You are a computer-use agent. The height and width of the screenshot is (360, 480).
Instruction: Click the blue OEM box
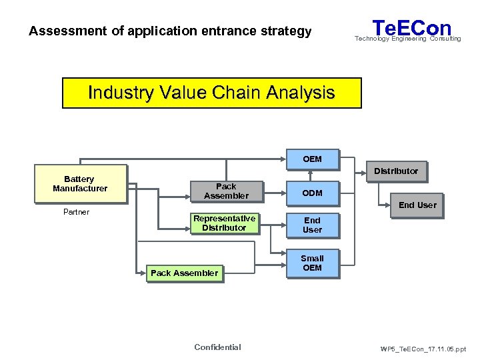point(312,159)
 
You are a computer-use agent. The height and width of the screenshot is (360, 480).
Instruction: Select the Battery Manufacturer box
point(80,184)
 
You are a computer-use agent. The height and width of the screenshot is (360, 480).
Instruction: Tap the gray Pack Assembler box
point(226,191)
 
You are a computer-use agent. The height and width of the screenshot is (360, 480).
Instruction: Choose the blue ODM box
point(312,193)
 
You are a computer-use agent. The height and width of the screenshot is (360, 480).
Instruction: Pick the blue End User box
point(312,225)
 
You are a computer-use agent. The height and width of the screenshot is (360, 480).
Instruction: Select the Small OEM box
point(312,263)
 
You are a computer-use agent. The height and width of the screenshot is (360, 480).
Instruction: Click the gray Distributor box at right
point(396,171)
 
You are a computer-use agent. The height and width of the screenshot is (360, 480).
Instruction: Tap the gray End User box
point(417,205)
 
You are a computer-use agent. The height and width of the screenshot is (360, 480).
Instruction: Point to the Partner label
point(76,212)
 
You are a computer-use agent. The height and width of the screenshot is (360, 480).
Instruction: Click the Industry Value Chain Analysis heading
point(211,93)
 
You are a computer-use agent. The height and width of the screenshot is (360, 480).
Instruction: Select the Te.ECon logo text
point(411,28)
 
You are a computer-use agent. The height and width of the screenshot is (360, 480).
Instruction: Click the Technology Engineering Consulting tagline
point(407,39)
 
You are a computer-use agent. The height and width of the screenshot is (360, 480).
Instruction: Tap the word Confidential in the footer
point(217,347)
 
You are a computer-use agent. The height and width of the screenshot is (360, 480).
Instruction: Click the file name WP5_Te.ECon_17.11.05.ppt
point(423,349)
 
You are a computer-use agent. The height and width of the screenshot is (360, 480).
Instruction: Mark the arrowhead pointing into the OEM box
point(282,159)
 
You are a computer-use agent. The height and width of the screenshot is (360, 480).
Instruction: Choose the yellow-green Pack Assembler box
point(184,273)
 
